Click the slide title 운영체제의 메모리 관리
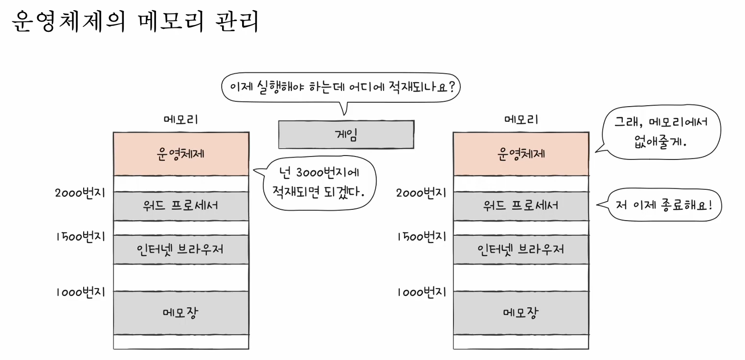click(x=135, y=22)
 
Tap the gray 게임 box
click(x=346, y=135)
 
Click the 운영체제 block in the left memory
click(x=181, y=154)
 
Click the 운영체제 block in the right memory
click(x=521, y=154)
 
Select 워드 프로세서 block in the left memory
click(x=181, y=205)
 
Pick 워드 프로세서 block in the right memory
click(x=521, y=205)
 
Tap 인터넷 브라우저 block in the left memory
click(x=181, y=249)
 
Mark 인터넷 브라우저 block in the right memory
click(x=521, y=249)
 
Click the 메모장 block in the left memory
click(x=181, y=313)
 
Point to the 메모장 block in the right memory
click(x=521, y=313)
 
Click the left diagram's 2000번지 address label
click(x=80, y=192)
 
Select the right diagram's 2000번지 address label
click(x=421, y=192)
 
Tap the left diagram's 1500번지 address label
click(x=80, y=236)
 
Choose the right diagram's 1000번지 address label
click(x=421, y=292)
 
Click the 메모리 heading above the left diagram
click(x=181, y=119)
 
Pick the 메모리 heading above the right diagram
click(x=521, y=119)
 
